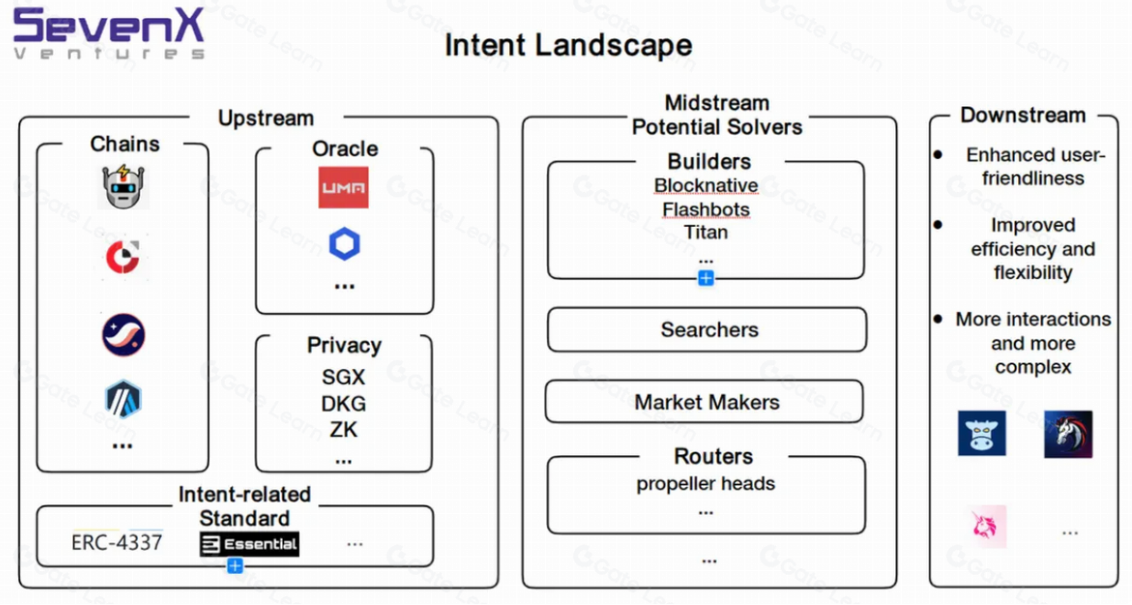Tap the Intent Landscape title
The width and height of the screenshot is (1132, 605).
(x=568, y=44)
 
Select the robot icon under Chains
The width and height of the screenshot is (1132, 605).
(x=124, y=187)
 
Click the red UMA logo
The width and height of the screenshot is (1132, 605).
(x=343, y=187)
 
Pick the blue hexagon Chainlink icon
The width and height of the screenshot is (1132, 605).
(x=344, y=244)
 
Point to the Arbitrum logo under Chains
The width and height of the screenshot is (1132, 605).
(x=123, y=399)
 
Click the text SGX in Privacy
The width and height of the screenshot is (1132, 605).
(x=344, y=377)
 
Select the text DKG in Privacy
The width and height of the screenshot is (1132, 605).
(x=344, y=404)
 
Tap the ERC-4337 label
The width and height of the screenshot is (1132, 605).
(x=117, y=543)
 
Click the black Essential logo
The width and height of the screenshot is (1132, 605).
(x=250, y=543)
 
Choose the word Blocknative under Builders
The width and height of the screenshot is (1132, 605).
(x=705, y=185)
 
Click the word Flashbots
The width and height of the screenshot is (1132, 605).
(x=705, y=209)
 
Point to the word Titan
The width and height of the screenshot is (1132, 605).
(x=705, y=232)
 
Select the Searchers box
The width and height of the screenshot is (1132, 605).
(x=707, y=330)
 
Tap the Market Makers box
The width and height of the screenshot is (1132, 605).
(x=705, y=402)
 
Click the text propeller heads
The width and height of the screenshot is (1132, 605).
(x=705, y=484)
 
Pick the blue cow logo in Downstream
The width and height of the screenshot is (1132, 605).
(x=982, y=433)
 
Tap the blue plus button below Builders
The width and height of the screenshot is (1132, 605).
(x=705, y=278)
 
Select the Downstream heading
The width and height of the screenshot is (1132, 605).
(x=1023, y=116)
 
